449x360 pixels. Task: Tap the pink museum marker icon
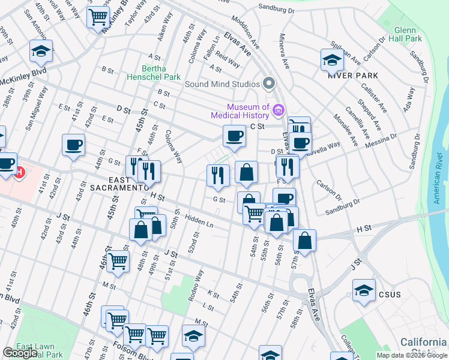(277, 110)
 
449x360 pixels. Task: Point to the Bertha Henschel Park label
(152, 73)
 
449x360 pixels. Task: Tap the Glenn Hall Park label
(409, 34)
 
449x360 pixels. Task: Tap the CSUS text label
(390, 295)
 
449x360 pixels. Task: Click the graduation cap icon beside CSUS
(364, 291)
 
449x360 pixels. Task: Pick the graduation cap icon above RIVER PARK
(332, 60)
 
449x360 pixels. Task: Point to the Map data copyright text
(411, 355)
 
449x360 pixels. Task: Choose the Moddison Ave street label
(247, 36)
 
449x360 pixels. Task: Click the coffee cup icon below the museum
(234, 136)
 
